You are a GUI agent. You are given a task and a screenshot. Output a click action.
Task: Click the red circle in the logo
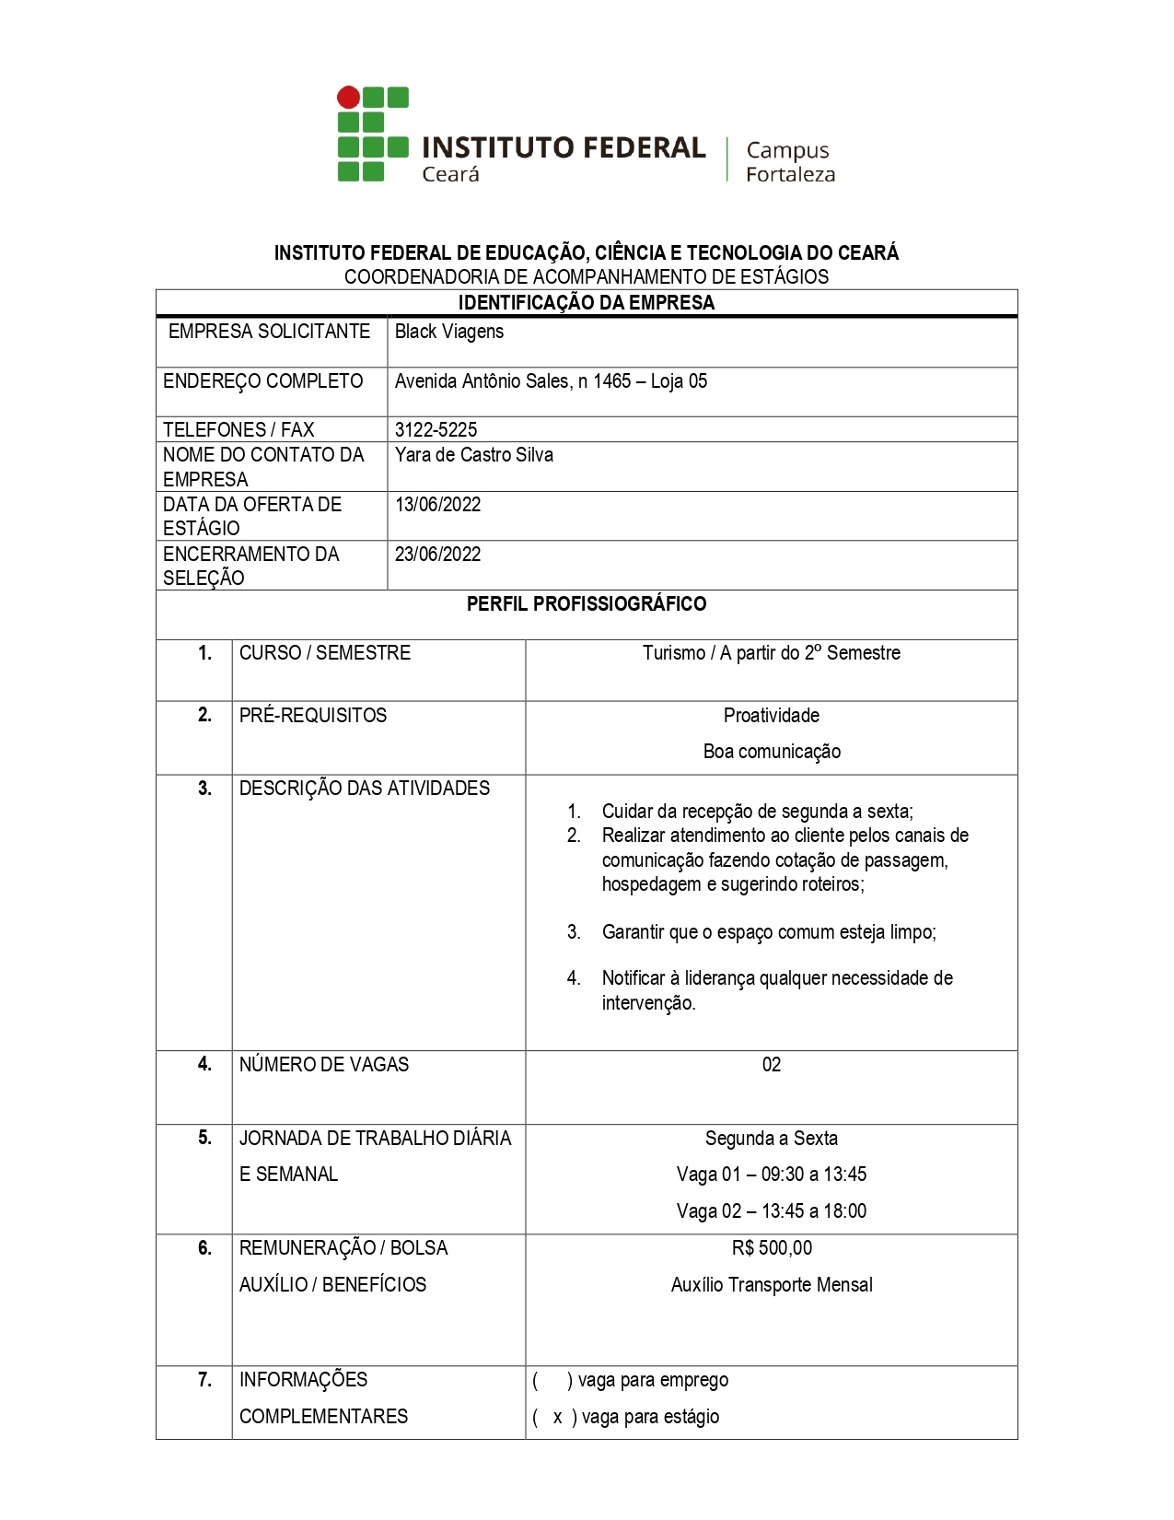[x=348, y=97]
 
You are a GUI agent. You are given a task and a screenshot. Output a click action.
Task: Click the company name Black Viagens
[x=449, y=332]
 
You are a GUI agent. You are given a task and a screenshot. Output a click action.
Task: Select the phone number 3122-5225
[x=436, y=429]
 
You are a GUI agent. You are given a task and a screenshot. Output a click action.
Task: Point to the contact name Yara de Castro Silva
[x=473, y=455]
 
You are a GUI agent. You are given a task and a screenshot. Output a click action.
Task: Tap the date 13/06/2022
[x=437, y=505]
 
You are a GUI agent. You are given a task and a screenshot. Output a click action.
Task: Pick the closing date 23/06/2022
[x=437, y=555]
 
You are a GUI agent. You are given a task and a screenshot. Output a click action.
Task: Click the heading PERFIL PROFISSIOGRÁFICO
[x=587, y=604]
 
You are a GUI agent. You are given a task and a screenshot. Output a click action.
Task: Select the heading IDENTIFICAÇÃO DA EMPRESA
[x=587, y=303]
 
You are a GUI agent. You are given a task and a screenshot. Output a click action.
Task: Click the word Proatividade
[x=771, y=716]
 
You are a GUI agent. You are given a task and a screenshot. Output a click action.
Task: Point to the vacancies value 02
[x=771, y=1065]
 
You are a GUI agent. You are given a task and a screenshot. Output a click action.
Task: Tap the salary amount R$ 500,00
[x=772, y=1248]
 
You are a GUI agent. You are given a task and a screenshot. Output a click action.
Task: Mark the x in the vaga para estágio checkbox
[x=557, y=1418]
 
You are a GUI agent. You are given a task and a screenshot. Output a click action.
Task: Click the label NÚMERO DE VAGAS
[x=324, y=1065]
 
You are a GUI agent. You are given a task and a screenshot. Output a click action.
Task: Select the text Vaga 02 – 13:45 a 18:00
[x=771, y=1211]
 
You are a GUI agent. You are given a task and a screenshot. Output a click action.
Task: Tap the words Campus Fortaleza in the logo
[x=789, y=162]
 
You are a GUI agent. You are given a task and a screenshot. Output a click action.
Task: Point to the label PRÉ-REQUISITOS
[x=313, y=716]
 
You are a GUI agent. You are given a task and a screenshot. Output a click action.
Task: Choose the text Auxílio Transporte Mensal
[x=772, y=1285]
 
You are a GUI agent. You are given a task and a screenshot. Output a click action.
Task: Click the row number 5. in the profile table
[x=204, y=1139]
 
